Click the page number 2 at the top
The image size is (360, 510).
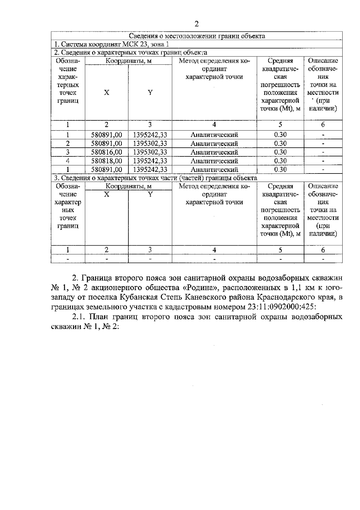pos(196,24)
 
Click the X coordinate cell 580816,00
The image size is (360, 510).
pos(106,152)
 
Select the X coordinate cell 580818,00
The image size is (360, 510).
pos(106,161)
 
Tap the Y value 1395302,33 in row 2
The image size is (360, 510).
pos(150,143)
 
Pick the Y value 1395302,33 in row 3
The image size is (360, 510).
pos(150,152)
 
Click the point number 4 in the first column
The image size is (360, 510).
pos(68,161)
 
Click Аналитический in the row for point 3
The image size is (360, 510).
pos(214,152)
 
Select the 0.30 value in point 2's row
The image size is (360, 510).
pos(280,143)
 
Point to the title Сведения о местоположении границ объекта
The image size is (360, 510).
pos(196,36)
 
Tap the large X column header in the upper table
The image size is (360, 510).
pos(106,92)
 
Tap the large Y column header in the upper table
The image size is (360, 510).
pos(150,92)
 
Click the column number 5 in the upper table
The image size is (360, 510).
pos(280,125)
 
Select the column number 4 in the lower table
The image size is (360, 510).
pos(214,250)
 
